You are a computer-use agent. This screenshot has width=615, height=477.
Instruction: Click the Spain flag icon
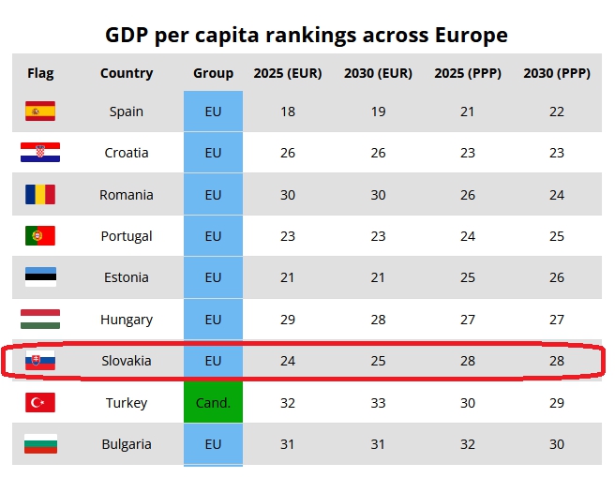[x=40, y=112]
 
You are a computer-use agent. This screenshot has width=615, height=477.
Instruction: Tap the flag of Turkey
[x=40, y=403]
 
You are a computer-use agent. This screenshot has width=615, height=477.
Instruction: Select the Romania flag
[x=40, y=195]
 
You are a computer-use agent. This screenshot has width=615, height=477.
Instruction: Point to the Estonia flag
[x=40, y=277]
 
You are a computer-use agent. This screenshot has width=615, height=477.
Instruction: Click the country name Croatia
[x=127, y=153]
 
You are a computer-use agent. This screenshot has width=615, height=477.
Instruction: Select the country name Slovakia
[x=127, y=361]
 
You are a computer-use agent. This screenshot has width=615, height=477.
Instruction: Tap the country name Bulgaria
[x=127, y=444]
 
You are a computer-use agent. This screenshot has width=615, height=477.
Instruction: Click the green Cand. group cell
[x=213, y=403]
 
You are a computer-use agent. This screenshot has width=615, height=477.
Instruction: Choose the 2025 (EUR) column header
[x=288, y=73]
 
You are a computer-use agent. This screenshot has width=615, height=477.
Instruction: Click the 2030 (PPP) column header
[x=557, y=73]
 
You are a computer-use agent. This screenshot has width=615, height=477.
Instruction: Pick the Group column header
[x=213, y=73]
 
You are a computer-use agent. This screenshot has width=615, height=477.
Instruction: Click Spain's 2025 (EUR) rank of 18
[x=288, y=112]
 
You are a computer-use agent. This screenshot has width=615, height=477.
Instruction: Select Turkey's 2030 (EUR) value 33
[x=378, y=403]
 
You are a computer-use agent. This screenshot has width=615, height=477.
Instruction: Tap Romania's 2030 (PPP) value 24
[x=557, y=195]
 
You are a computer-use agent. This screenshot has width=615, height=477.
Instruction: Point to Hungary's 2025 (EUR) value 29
[x=288, y=320]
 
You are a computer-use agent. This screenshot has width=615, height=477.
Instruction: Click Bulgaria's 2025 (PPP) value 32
[x=468, y=444]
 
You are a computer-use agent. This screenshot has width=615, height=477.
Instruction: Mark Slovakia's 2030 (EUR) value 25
[x=378, y=361]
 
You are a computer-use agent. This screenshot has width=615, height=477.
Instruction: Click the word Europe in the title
[x=472, y=36]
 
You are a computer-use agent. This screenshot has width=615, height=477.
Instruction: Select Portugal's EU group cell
[x=213, y=236]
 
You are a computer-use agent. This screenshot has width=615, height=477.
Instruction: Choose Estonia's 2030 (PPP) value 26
[x=557, y=277]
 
